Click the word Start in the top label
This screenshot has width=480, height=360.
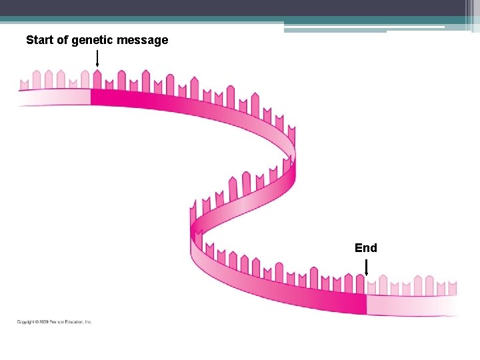click(39, 40)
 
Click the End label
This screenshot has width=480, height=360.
click(366, 248)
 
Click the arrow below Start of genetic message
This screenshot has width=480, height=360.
click(97, 58)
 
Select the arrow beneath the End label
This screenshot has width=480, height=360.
click(366, 267)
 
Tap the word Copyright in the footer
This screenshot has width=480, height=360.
click(26, 322)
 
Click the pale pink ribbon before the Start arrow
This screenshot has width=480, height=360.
click(53, 97)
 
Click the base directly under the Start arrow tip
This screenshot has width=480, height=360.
click(97, 79)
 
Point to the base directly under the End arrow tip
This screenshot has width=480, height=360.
click(371, 285)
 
